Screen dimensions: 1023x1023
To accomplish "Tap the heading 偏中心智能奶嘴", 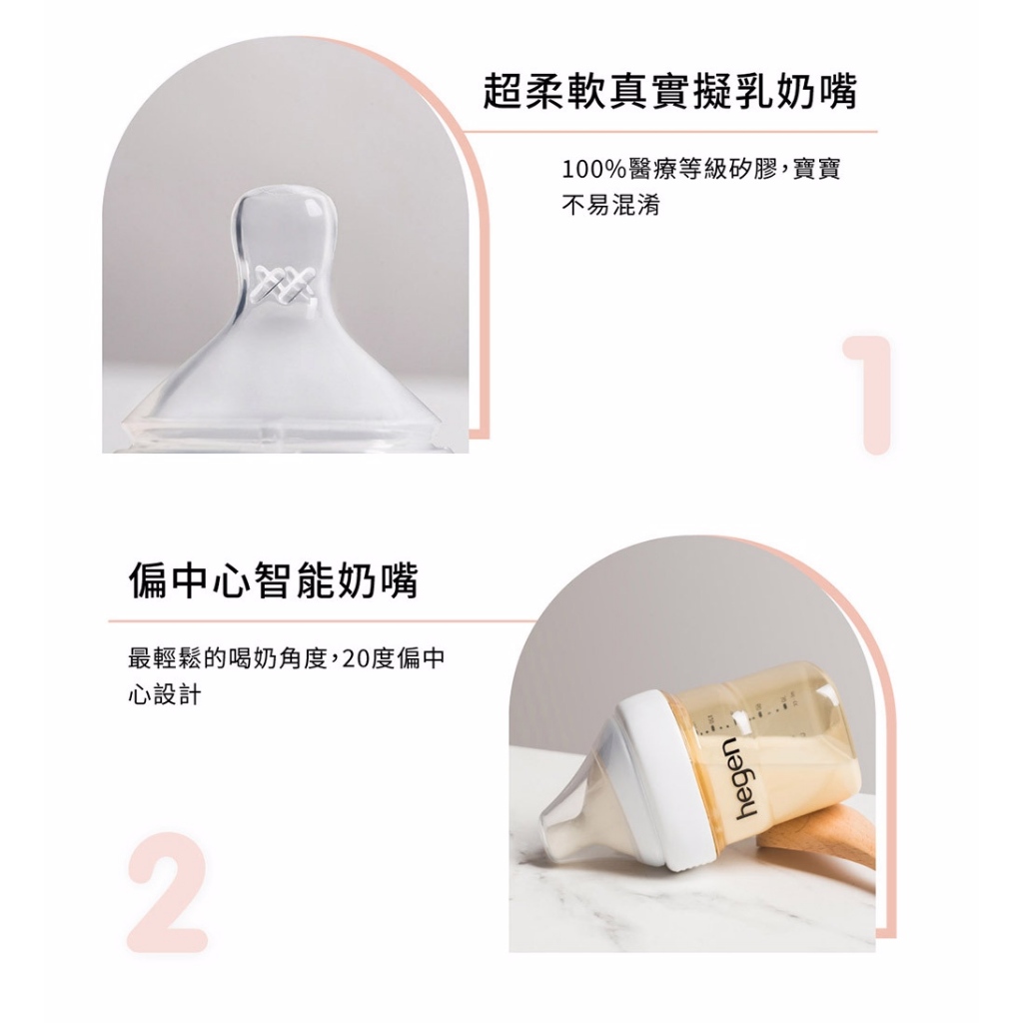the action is pyautogui.click(x=273, y=579).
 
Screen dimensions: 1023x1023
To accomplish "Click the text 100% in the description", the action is pyautogui.click(x=593, y=170).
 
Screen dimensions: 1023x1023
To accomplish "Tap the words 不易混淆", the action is pyautogui.click(x=611, y=205).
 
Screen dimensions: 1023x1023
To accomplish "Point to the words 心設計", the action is pyautogui.click(x=165, y=695).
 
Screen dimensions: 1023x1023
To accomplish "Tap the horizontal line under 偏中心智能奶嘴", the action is pyautogui.click(x=322, y=621).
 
